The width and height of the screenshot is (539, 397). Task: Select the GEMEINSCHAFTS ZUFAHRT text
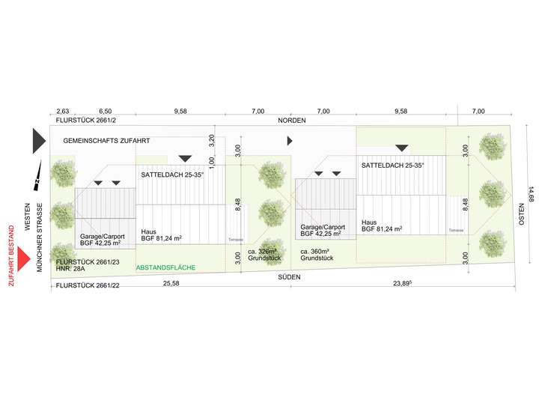tap(107, 140)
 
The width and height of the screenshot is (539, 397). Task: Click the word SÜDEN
tap(289, 276)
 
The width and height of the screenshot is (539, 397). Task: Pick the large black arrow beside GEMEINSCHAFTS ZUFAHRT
tap(39, 141)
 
